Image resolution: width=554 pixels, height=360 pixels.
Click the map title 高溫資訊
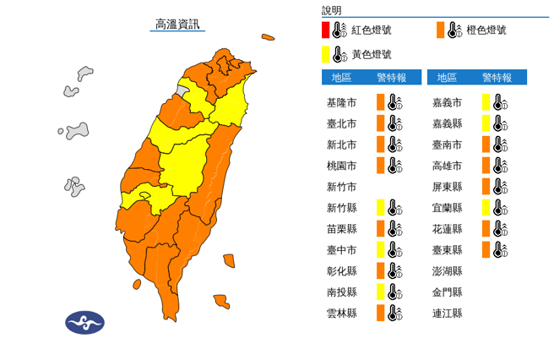tap(177, 24)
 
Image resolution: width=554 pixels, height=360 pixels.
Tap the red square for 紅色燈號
tap(325, 31)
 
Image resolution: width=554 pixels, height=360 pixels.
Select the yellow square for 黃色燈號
tap(325, 55)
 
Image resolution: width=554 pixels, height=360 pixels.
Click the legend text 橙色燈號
tap(486, 30)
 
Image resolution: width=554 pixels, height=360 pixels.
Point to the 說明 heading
tap(332, 11)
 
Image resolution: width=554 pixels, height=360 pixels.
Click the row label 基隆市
tap(341, 102)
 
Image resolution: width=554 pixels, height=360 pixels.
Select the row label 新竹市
tap(341, 187)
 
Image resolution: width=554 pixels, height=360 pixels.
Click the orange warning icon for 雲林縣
tap(382, 314)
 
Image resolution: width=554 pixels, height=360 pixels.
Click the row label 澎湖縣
tap(447, 271)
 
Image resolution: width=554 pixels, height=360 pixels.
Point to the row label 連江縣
tap(447, 314)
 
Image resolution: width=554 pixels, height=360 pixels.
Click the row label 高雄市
tap(447, 166)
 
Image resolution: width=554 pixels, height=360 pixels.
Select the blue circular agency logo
tap(84, 322)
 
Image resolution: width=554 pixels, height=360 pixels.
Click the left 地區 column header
tap(341, 78)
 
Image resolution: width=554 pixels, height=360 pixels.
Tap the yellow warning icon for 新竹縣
tap(382, 208)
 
